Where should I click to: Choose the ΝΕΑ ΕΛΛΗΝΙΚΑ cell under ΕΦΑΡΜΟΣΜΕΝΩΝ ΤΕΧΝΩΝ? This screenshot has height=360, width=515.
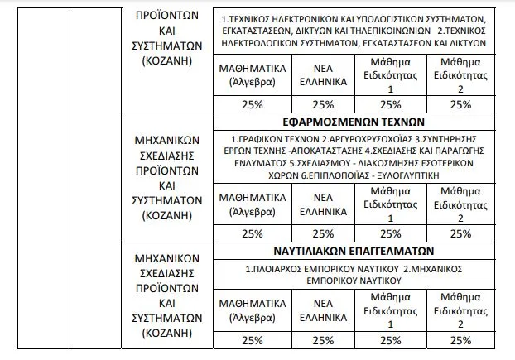[323, 204]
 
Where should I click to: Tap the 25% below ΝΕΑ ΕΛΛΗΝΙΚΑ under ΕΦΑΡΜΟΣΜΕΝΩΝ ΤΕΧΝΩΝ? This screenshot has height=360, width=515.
[323, 234]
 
